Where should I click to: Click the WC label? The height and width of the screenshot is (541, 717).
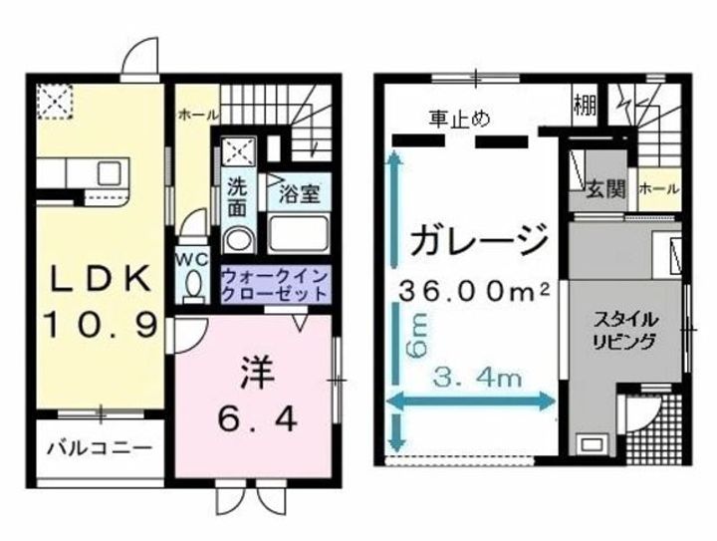(191, 257)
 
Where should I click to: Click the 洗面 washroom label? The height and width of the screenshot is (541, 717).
(237, 198)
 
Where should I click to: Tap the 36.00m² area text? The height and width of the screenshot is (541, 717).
(477, 291)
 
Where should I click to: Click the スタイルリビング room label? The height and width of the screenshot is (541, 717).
(624, 331)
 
